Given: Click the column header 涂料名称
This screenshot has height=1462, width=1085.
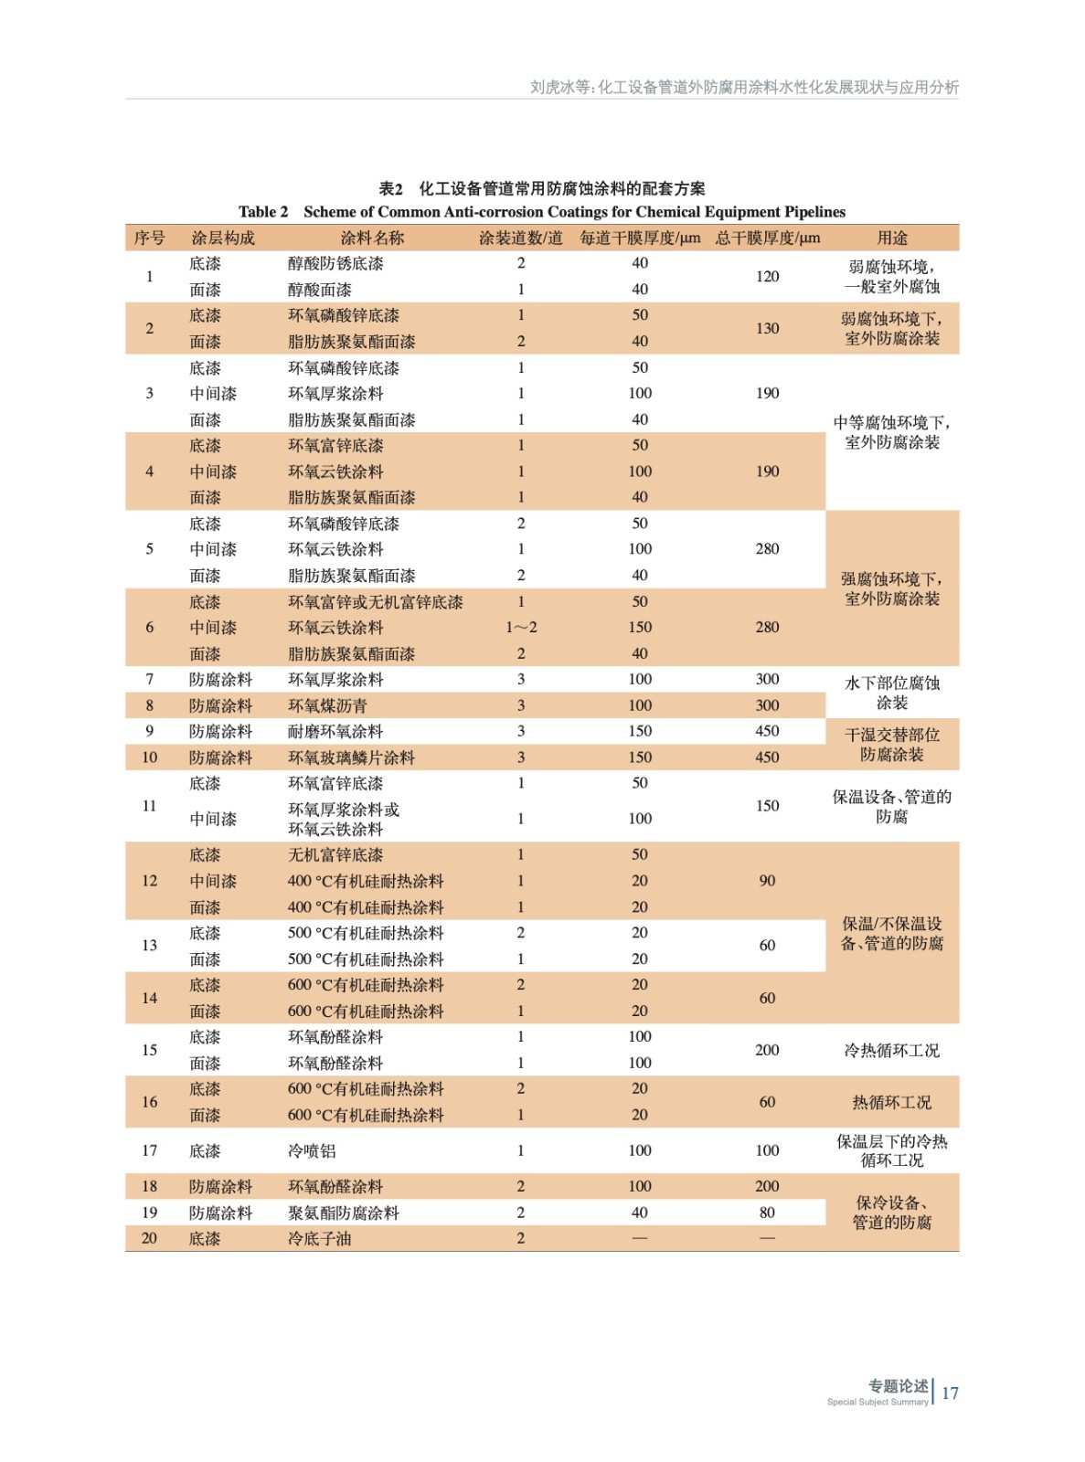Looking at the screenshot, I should (372, 238).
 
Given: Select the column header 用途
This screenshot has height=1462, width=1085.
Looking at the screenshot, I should (891, 238).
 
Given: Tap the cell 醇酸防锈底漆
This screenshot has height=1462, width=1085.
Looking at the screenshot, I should (335, 263).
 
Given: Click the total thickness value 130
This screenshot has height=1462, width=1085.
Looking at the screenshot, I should (767, 328).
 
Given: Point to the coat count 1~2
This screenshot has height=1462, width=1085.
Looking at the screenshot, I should (521, 628).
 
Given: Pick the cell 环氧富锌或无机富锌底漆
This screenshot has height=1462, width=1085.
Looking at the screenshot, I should (375, 602).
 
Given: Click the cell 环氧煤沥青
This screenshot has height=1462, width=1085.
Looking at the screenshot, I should (327, 705).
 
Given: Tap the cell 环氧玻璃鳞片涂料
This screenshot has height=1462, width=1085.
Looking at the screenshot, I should (351, 757).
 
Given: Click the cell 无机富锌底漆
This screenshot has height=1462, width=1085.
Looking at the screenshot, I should (335, 855).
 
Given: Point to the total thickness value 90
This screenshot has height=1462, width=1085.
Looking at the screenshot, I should (767, 881).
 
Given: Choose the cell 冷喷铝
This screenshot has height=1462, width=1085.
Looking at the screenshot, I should (312, 1151).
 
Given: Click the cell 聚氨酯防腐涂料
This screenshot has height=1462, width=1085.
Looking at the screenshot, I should (343, 1213).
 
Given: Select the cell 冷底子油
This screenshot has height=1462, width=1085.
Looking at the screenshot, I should (319, 1239).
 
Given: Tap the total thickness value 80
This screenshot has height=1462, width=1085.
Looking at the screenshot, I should (767, 1213).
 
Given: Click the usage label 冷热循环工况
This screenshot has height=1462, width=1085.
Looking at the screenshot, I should (891, 1051).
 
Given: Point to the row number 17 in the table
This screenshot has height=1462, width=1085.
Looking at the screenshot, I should (149, 1151).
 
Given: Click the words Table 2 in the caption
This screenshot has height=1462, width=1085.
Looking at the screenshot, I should (263, 212).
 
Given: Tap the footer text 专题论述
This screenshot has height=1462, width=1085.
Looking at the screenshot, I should (898, 1386).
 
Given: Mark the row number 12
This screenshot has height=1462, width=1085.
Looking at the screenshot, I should (149, 881).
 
